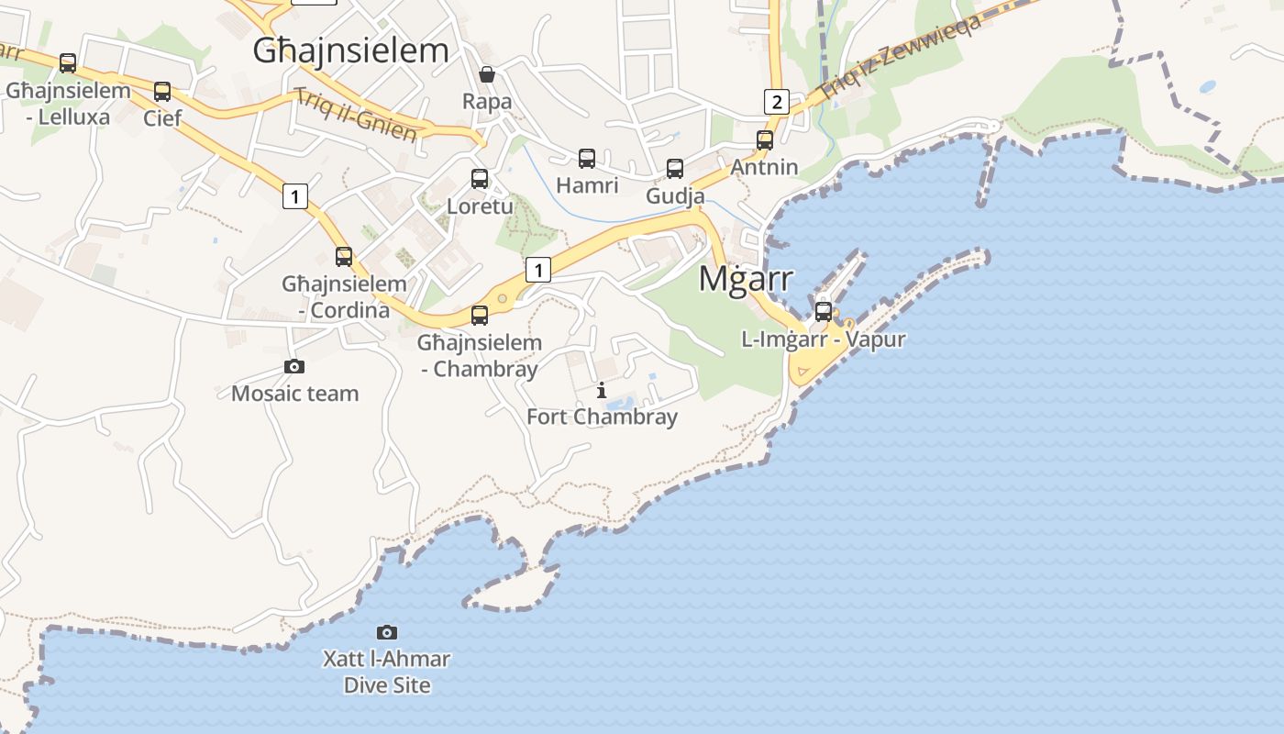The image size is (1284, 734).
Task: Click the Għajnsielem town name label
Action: coord(351,50)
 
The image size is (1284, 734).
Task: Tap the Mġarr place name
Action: coord(746,278)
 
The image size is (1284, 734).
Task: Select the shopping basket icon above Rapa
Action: coord(487,74)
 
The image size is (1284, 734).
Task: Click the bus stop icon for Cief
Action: coord(162,92)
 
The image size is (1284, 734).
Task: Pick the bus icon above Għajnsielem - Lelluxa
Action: coord(68,63)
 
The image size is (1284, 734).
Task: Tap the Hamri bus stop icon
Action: coord(587,159)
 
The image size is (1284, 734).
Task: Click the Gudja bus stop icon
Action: coord(675,169)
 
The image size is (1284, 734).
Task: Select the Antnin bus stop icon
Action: coord(765,140)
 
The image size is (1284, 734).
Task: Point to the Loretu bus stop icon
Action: coord(480,179)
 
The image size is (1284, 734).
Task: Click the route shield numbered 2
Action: coord(777,101)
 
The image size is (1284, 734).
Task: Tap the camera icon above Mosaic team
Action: coord(294,367)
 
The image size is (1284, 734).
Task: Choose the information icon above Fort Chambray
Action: coord(602,390)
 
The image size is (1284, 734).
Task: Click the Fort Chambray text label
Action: coord(602,417)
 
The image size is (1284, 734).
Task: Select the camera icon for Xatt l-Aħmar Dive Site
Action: coord(387,632)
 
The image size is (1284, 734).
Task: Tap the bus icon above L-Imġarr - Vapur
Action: coord(824,312)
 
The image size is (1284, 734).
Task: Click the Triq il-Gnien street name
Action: coord(356,115)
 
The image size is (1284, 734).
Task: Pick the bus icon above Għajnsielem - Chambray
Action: coord(480,316)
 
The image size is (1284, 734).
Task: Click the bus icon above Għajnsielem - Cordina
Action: coord(344,257)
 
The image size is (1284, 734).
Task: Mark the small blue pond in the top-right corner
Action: coord(1207,87)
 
